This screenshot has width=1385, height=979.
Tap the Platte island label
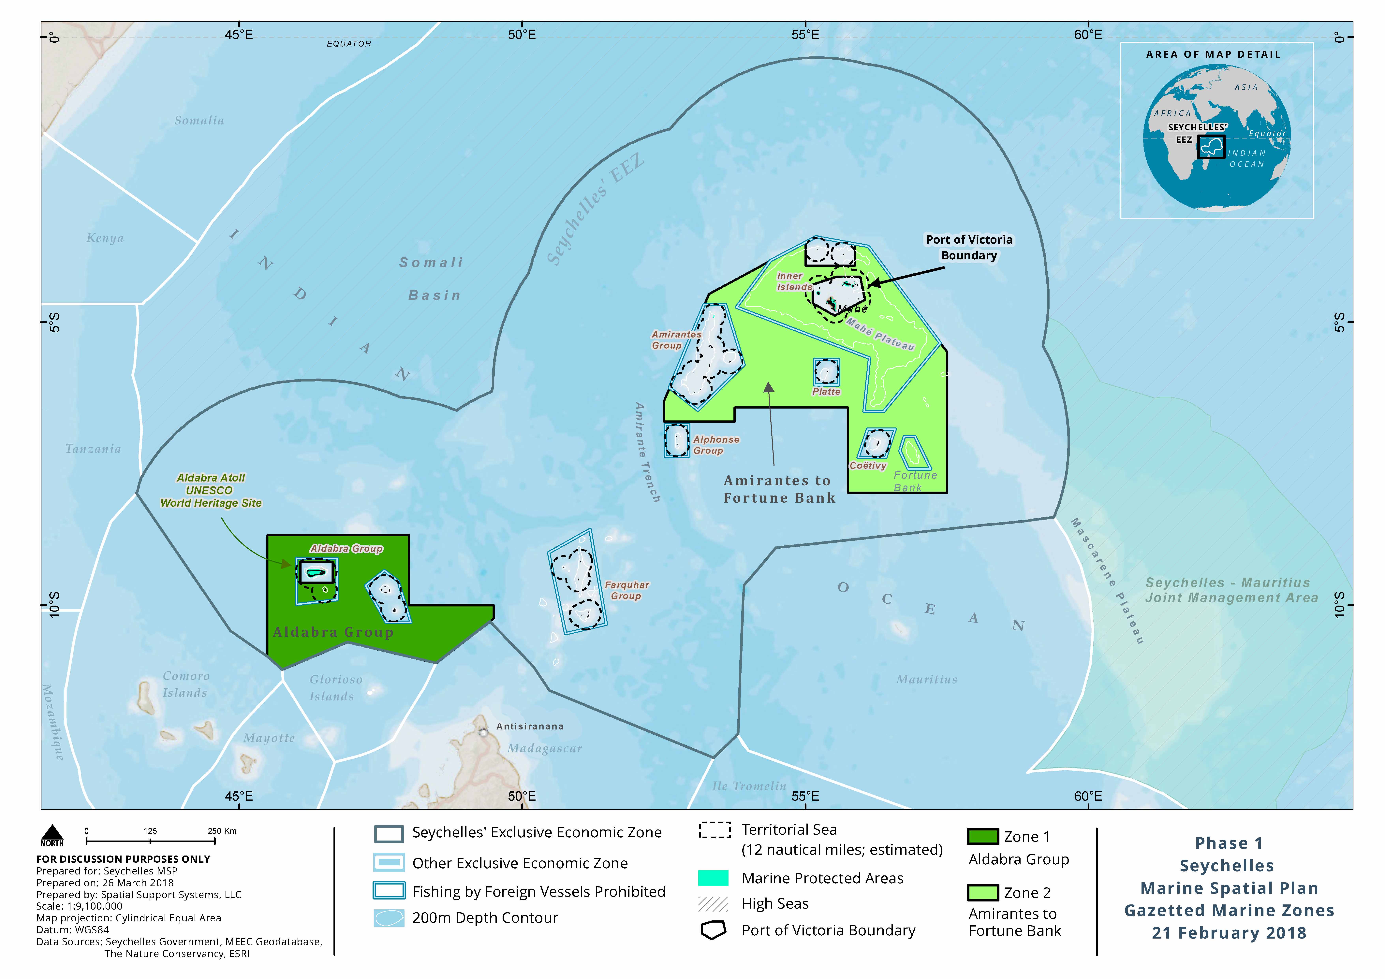click(x=826, y=392)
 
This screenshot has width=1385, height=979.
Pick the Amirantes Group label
click(x=676, y=340)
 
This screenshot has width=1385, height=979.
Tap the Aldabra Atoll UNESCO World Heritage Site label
click(x=211, y=490)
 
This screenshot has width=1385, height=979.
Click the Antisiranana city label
click(x=530, y=726)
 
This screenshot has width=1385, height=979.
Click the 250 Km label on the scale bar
click(x=222, y=831)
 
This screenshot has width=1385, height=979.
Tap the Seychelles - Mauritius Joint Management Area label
click(x=1231, y=590)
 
